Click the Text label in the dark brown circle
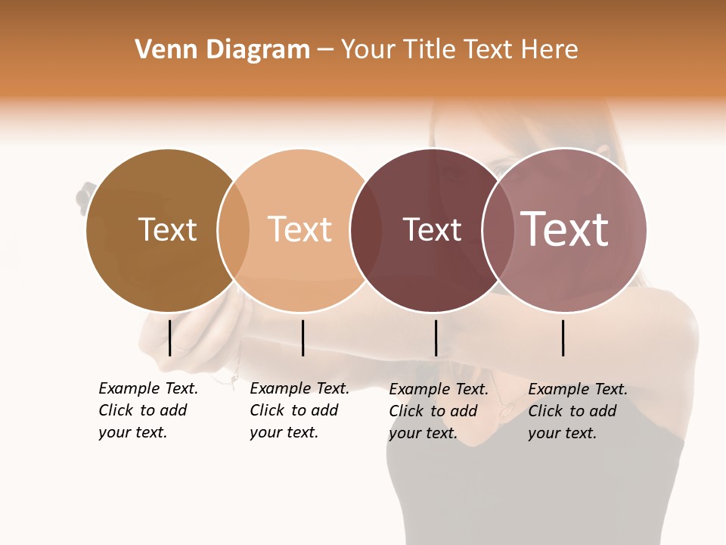click(167, 229)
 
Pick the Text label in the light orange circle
click(300, 229)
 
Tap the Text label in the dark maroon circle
click(432, 229)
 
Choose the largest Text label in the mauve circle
click(565, 229)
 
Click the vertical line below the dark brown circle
click(170, 338)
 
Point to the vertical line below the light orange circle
click(302, 338)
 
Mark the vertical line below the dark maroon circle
click(436, 338)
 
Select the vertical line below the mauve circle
click(563, 338)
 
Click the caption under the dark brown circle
click(147, 410)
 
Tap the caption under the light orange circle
click(299, 410)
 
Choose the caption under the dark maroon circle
click(438, 411)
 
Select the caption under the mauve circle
click(577, 411)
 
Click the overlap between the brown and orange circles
click(234, 230)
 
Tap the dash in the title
click(325, 51)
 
